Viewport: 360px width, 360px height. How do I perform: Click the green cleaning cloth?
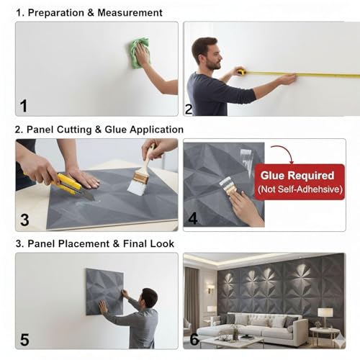[x=139, y=53]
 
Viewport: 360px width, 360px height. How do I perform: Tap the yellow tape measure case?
[x=240, y=71]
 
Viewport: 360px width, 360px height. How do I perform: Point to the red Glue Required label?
[x=300, y=181]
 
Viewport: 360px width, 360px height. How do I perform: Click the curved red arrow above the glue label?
[x=283, y=153]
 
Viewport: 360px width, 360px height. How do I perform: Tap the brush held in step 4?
[x=228, y=186]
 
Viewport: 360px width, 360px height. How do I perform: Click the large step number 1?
[x=24, y=106]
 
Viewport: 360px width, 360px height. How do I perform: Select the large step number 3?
[x=24, y=220]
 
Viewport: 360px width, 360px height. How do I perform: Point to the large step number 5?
[x=24, y=340]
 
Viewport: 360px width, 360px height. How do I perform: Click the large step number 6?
[x=194, y=339]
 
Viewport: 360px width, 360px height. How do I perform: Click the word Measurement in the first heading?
[x=130, y=13]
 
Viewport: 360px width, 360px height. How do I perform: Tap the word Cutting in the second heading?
[x=74, y=130]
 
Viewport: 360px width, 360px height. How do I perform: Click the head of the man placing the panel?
[x=148, y=297]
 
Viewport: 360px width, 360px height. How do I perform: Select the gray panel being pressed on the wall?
[x=104, y=292]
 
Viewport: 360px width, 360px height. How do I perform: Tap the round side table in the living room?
[x=325, y=336]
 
